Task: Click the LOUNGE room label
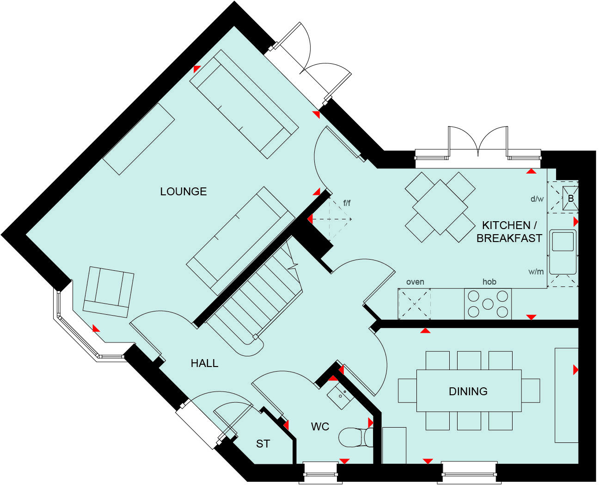(x=183, y=192)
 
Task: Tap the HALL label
(x=204, y=363)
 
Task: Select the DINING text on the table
(x=468, y=392)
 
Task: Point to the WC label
(x=320, y=426)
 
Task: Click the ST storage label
(x=263, y=444)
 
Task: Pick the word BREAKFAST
(x=509, y=238)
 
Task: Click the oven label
(x=415, y=282)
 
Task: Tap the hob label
(x=489, y=282)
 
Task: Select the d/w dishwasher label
(x=537, y=199)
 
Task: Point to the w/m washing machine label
(x=536, y=272)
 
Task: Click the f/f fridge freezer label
(x=347, y=203)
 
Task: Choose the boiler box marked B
(x=570, y=199)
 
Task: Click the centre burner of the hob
(x=488, y=304)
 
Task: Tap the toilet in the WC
(x=355, y=437)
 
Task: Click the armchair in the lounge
(x=108, y=292)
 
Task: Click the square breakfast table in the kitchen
(x=440, y=206)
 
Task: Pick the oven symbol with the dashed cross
(x=415, y=304)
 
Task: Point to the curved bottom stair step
(x=250, y=345)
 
